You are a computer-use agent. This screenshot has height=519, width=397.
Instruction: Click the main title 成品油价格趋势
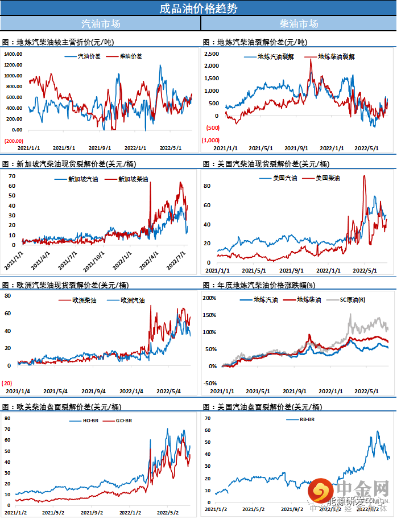coord(198,8)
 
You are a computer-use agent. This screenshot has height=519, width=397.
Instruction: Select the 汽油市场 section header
coord(101,24)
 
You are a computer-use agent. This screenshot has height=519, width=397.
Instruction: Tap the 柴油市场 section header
coord(299,24)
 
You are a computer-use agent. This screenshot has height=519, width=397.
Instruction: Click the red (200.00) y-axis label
coord(14,141)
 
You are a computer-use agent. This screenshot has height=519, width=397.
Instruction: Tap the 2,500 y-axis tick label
coord(212,53)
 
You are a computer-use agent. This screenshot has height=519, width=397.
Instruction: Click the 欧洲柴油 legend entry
coord(84,300)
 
